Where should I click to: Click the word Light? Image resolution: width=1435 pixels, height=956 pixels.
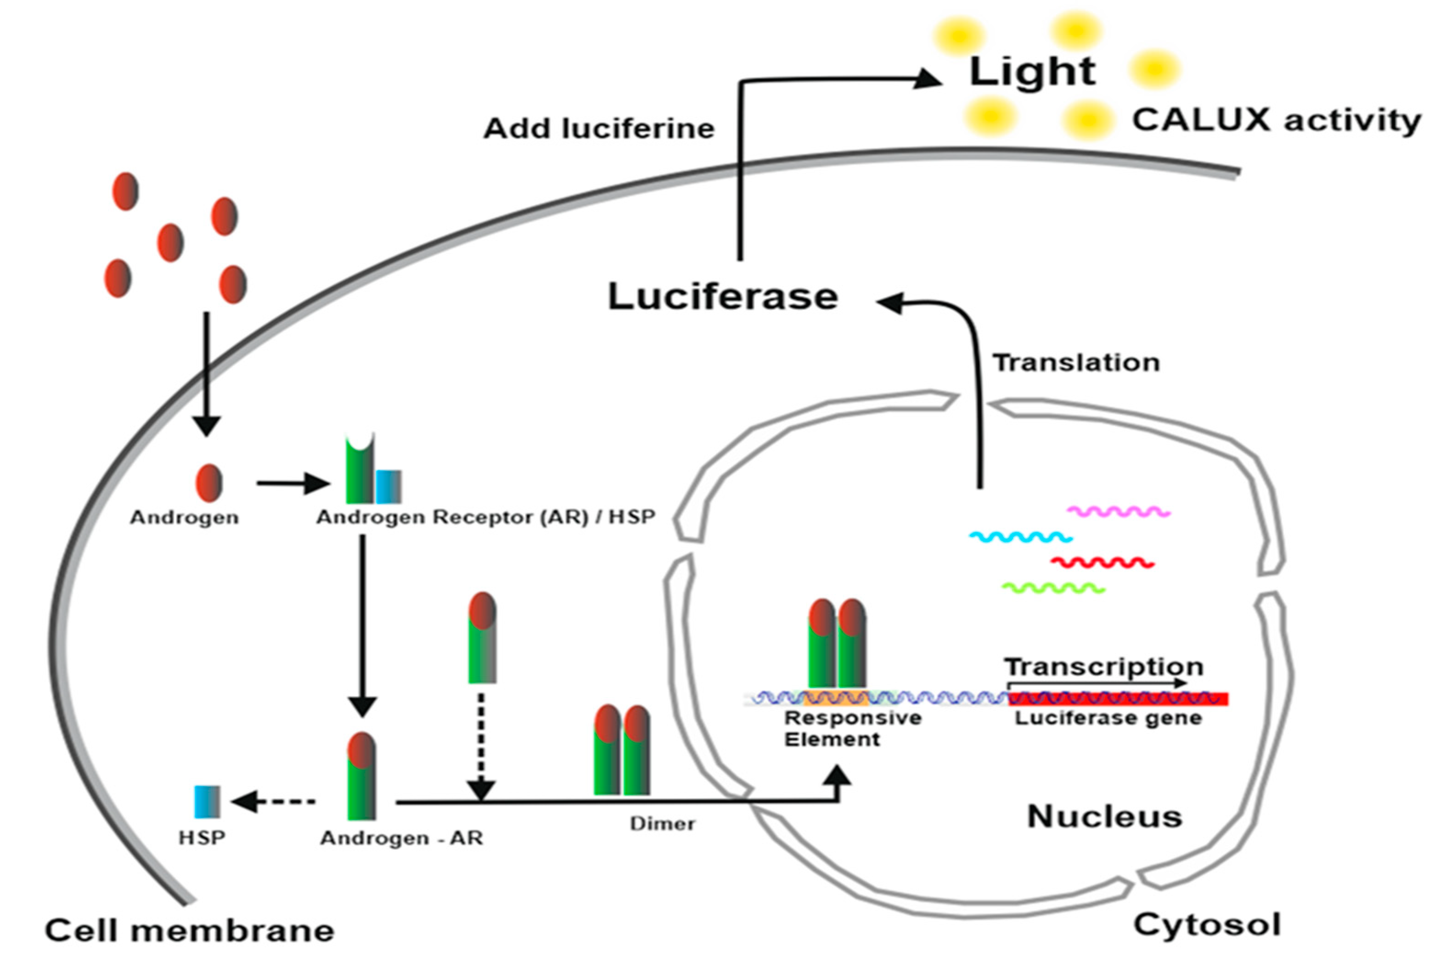pos(1032,72)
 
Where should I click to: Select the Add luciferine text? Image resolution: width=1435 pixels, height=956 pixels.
pos(599,129)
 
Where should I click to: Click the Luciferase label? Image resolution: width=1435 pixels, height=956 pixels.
pos(723,297)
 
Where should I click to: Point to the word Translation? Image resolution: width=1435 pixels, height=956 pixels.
pos(1076,363)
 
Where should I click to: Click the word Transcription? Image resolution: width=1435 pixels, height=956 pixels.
pos(1103,666)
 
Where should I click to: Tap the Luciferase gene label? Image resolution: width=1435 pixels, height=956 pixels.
pos(1108,718)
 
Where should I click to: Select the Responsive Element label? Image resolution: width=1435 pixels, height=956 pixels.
pos(852,729)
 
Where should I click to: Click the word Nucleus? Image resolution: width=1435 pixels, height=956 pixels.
pos(1104,816)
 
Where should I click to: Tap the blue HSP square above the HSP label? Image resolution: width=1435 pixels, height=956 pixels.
pos(207,802)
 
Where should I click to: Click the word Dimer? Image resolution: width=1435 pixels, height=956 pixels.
pos(662,824)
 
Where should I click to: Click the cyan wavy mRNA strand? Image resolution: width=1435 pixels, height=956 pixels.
pos(1020,537)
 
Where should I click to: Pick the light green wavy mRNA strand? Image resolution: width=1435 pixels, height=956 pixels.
pos(1053,588)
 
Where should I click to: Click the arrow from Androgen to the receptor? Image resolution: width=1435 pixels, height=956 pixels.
pos(292,484)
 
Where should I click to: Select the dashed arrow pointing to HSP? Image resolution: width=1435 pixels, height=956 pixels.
pos(274,802)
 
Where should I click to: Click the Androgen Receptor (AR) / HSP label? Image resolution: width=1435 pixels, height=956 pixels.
pos(485,517)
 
